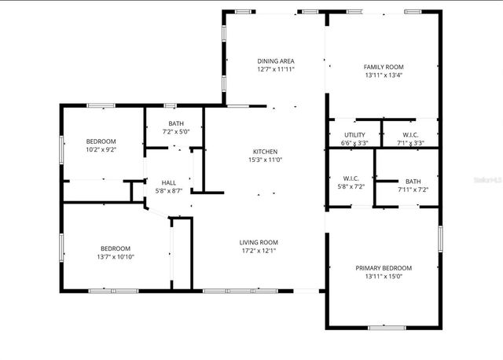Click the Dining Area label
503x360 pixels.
point(275,61)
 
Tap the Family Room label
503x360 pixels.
point(383,68)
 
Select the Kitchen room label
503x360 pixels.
point(265,152)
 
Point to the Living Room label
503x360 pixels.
point(259,242)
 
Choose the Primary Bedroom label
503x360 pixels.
point(383,268)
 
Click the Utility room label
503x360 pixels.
point(354,134)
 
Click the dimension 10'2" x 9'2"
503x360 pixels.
point(101,149)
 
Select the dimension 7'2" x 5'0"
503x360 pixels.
point(175,132)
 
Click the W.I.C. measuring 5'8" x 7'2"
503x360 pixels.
point(351,187)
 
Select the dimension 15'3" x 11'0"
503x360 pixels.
point(265,160)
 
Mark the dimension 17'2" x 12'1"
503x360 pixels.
point(259,251)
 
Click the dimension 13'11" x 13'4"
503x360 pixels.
point(383,76)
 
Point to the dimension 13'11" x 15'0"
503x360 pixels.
point(383,277)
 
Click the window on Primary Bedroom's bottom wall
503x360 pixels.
point(387,327)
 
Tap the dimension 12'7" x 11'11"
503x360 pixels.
point(275,69)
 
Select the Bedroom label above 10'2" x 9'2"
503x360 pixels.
point(101,141)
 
